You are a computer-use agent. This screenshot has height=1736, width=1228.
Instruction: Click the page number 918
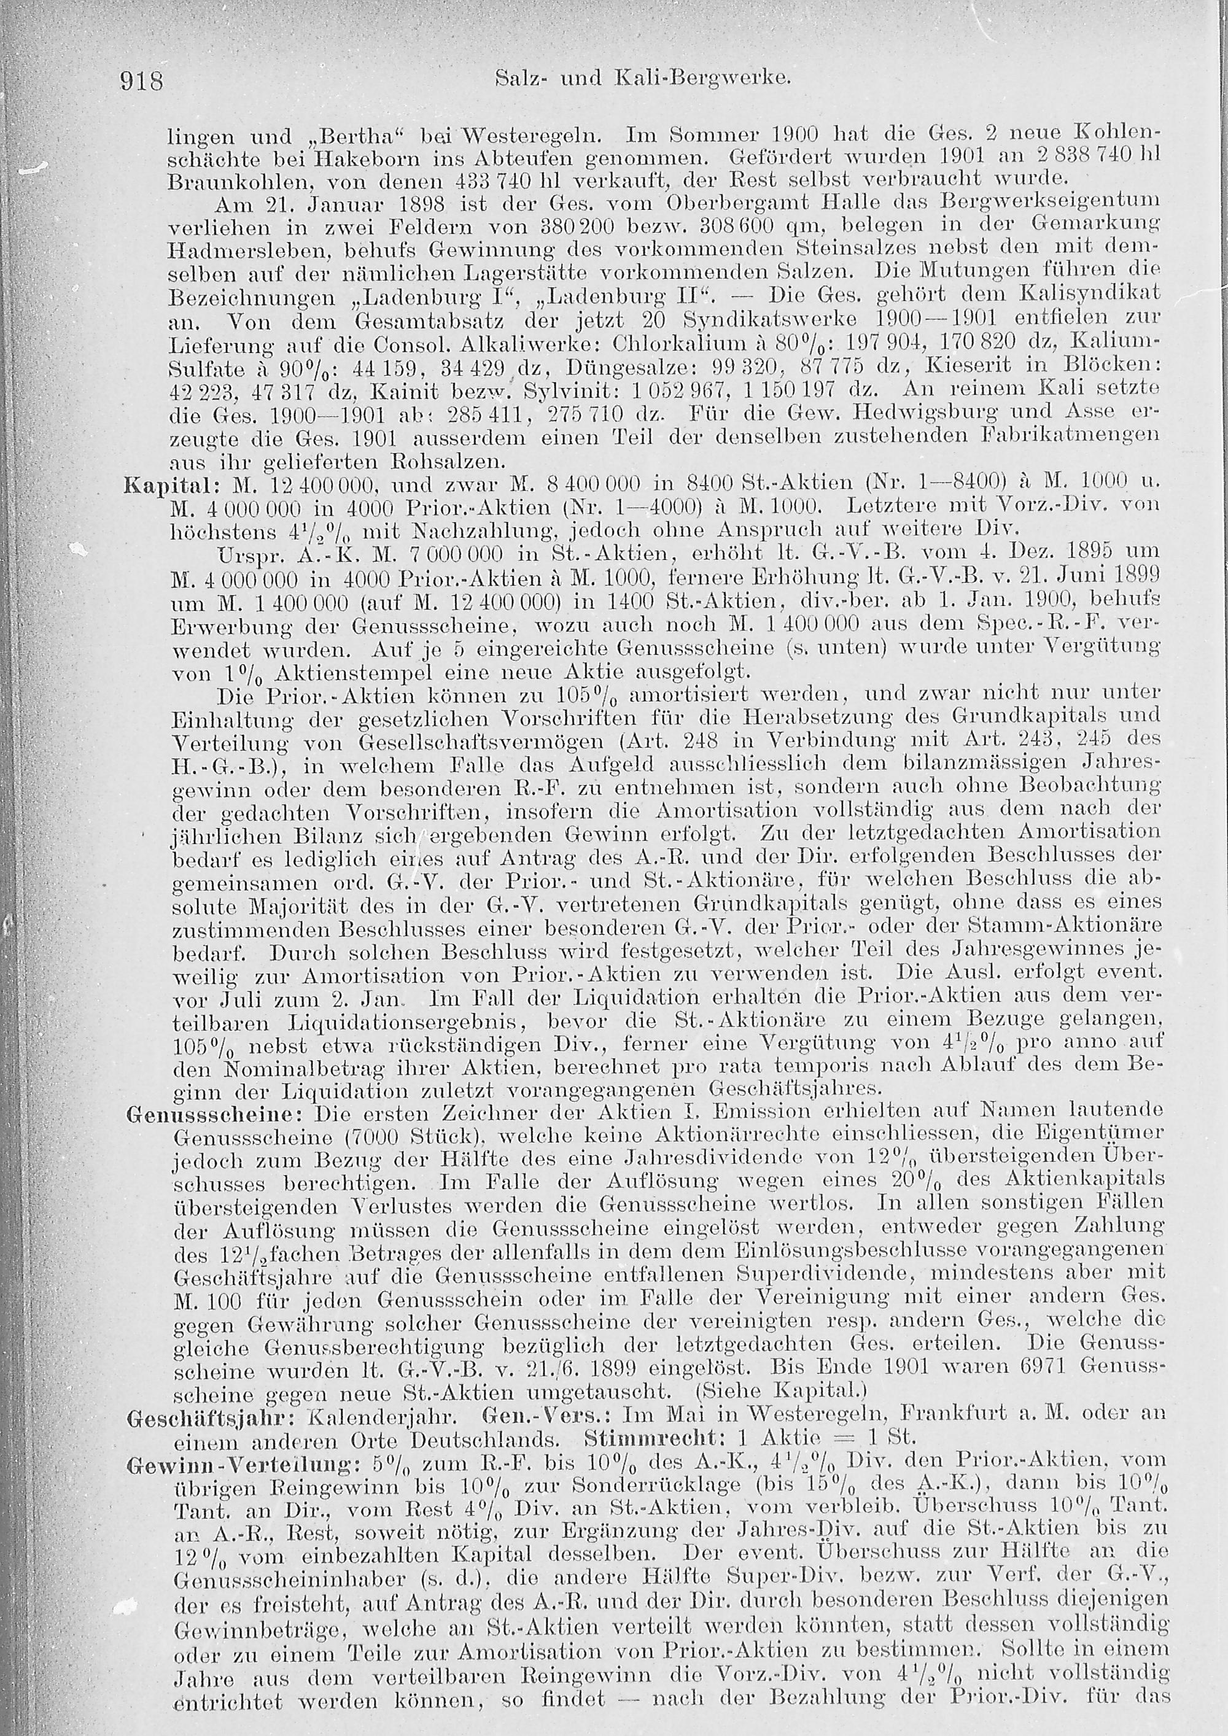pos(142,79)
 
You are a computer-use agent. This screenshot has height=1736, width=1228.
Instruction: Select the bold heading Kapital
pos(155,484)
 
